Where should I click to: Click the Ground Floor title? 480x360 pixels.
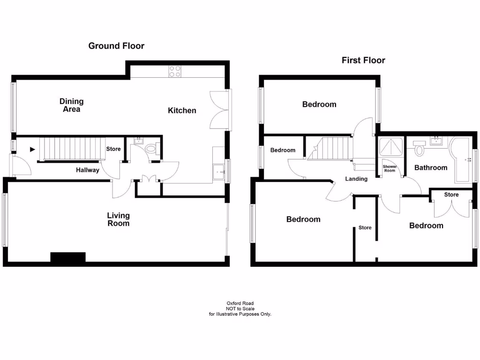pos(116,46)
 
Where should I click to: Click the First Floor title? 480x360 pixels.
pos(363,60)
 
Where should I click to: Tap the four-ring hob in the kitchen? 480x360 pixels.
pos(175,71)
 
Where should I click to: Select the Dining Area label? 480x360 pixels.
pos(71,105)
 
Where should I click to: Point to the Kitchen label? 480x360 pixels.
pos(182,111)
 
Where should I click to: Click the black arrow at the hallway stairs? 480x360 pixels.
pos(32,150)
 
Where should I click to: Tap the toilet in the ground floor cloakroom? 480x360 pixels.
pos(151,149)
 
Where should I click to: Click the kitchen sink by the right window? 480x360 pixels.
pos(218,172)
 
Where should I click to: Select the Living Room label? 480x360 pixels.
pos(118,219)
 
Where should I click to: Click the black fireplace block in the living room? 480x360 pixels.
pos(68,257)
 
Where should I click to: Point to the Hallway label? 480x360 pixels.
pos(88,170)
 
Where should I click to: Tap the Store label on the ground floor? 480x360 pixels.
pos(113,149)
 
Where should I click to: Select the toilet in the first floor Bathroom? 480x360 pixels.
pos(419,149)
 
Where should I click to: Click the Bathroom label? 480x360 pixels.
pos(431,167)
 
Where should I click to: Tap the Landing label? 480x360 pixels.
pos(356,179)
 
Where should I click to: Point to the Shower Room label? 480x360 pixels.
pos(390,169)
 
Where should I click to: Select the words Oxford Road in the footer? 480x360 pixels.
pos(240,303)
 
